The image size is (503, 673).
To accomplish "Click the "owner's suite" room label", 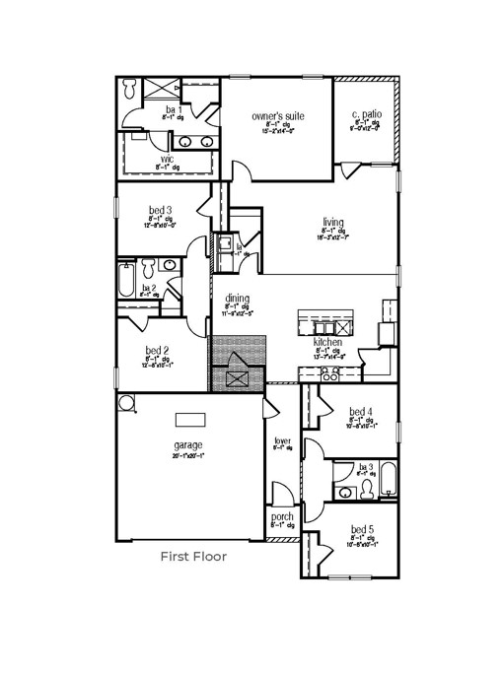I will [x=277, y=116].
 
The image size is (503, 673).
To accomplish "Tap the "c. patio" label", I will [x=366, y=117].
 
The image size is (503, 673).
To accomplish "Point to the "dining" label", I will [x=237, y=299].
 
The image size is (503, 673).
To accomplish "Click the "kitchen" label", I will [x=327, y=342].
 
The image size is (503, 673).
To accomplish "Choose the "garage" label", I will [x=188, y=445].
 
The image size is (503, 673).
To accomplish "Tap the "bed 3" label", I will [x=161, y=210].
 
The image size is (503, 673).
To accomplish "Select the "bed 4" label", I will [x=361, y=411].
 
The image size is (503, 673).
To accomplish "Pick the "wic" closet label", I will [x=167, y=158].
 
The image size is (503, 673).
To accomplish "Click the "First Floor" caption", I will [x=193, y=557].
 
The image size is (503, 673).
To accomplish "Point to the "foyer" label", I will [x=283, y=440].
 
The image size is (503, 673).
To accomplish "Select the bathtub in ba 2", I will [x=125, y=281].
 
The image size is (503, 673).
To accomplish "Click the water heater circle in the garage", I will [x=125, y=403].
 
